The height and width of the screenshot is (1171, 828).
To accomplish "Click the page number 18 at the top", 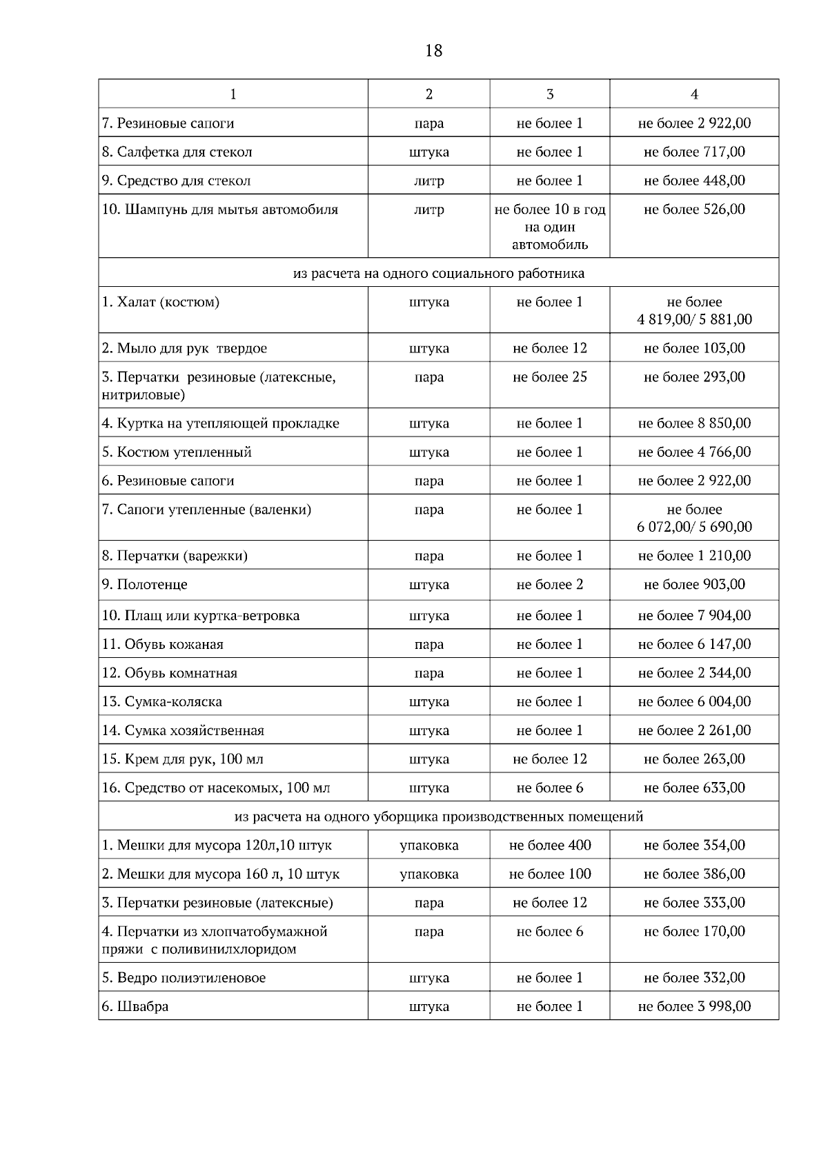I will pos(434,51).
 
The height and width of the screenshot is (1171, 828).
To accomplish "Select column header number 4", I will pos(694,94).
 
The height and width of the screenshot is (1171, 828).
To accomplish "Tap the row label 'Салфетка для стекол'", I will pos(177,152).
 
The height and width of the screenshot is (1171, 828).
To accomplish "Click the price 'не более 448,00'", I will pos(694,181).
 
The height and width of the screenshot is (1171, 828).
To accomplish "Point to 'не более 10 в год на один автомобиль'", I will pos(550,227).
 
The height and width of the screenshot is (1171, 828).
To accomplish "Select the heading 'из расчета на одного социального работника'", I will pos(438,273).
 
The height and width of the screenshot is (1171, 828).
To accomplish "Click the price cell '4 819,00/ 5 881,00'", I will pos(694,319).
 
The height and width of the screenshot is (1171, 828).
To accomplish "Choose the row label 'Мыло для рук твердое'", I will pos(184,348).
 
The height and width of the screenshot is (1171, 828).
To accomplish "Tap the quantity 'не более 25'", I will pos(550,377).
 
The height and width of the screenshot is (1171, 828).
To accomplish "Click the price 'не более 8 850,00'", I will pos(694,423).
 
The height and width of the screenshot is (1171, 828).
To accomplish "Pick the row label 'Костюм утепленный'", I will pos(177,452).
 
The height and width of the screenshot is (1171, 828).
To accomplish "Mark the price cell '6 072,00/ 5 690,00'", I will pos(694,527).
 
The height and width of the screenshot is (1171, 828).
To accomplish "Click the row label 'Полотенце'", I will pos(145,585).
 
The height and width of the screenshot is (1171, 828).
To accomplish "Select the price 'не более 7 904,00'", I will pos(694,616).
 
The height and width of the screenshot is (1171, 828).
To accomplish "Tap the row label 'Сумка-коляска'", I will pos(162,702).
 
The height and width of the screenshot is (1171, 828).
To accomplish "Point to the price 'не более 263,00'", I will pos(694,759).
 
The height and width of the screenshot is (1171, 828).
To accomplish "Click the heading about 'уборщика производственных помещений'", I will pos(438,817).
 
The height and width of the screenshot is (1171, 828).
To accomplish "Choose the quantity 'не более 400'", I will pos(550,845).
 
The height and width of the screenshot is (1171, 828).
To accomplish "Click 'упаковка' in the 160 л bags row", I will pos(428,874).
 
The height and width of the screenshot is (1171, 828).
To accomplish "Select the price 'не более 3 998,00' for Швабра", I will pos(694,1006).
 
